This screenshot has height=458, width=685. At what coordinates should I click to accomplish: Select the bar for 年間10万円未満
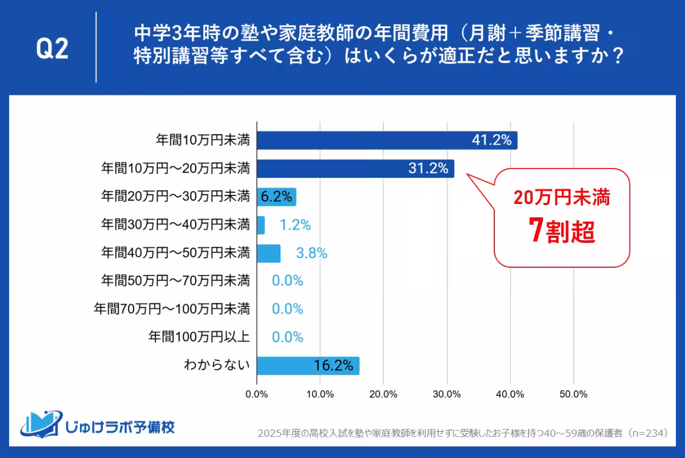click(387, 140)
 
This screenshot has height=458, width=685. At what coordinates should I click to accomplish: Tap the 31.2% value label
click(427, 168)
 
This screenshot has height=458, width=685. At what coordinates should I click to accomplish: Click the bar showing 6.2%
click(276, 197)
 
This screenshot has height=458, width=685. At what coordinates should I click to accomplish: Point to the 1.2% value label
click(295, 225)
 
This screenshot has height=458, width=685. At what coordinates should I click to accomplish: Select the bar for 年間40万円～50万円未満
click(268, 253)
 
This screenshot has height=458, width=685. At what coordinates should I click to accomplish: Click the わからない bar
click(308, 365)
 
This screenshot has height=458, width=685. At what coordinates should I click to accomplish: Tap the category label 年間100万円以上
click(199, 337)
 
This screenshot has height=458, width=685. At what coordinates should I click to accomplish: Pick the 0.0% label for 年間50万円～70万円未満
click(287, 281)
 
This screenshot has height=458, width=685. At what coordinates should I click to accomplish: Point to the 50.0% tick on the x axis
click(573, 394)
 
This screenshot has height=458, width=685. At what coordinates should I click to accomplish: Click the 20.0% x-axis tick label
click(383, 394)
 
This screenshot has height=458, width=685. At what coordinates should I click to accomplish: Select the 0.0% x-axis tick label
click(256, 394)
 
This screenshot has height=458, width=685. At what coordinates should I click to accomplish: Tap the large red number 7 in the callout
click(536, 232)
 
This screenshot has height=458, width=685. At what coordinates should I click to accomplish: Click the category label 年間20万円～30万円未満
click(175, 197)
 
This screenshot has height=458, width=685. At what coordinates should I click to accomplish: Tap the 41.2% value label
click(491, 140)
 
